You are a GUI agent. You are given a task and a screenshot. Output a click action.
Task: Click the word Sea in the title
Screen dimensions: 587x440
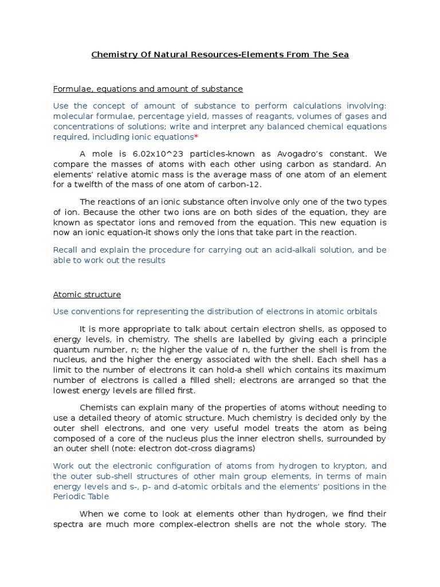click(x=340, y=54)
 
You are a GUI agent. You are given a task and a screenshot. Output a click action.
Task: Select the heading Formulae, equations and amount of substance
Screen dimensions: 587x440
click(x=148, y=89)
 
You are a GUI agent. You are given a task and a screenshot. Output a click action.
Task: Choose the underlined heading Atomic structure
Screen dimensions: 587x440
click(x=87, y=295)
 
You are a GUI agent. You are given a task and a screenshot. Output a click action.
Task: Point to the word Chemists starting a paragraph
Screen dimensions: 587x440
click(x=99, y=407)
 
